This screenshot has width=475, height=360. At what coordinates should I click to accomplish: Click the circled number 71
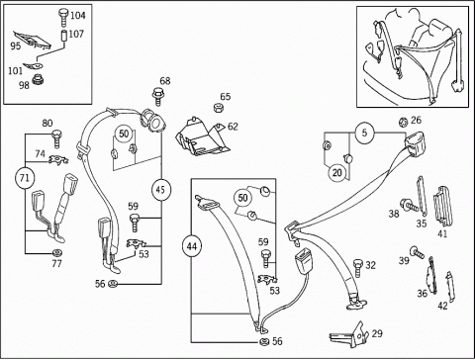coord(25,178)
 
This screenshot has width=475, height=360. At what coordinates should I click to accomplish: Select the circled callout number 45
coord(160,190)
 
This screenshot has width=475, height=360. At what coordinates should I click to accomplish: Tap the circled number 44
coord(192,246)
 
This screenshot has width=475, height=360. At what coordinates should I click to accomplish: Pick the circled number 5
coord(364,133)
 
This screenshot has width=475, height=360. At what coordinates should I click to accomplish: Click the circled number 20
coord(336,172)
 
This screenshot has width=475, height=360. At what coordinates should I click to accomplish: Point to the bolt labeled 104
coord(63,17)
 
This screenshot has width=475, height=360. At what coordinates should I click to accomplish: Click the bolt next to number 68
coord(158,96)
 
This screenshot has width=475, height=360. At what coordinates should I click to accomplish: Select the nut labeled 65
coord(218,108)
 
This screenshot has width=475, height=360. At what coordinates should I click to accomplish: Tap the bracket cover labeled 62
coord(200,136)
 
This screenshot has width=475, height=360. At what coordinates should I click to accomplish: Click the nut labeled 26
coord(403,122)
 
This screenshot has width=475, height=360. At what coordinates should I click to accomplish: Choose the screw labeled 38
coord(409,205)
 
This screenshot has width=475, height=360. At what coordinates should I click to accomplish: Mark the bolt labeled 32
coord(358,268)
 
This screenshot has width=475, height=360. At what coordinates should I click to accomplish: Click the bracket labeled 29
coord(350,334)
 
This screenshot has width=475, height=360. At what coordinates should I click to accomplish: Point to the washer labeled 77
coord(57,253)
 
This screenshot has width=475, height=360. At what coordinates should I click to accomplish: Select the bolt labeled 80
coord(56,138)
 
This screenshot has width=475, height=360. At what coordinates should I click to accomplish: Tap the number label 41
coord(441,234)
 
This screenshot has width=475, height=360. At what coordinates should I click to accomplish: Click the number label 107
coord(76,34)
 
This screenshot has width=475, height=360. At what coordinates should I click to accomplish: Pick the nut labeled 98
coord(37,80)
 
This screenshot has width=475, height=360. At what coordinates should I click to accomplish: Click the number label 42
coord(442,306)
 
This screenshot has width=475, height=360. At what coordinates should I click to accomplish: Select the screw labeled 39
coord(417,252)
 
